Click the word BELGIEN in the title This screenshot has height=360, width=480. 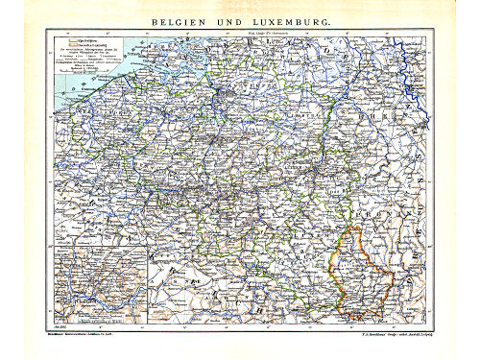(x=180, y=19)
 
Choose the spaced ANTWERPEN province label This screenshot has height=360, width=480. (x=254, y=91)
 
